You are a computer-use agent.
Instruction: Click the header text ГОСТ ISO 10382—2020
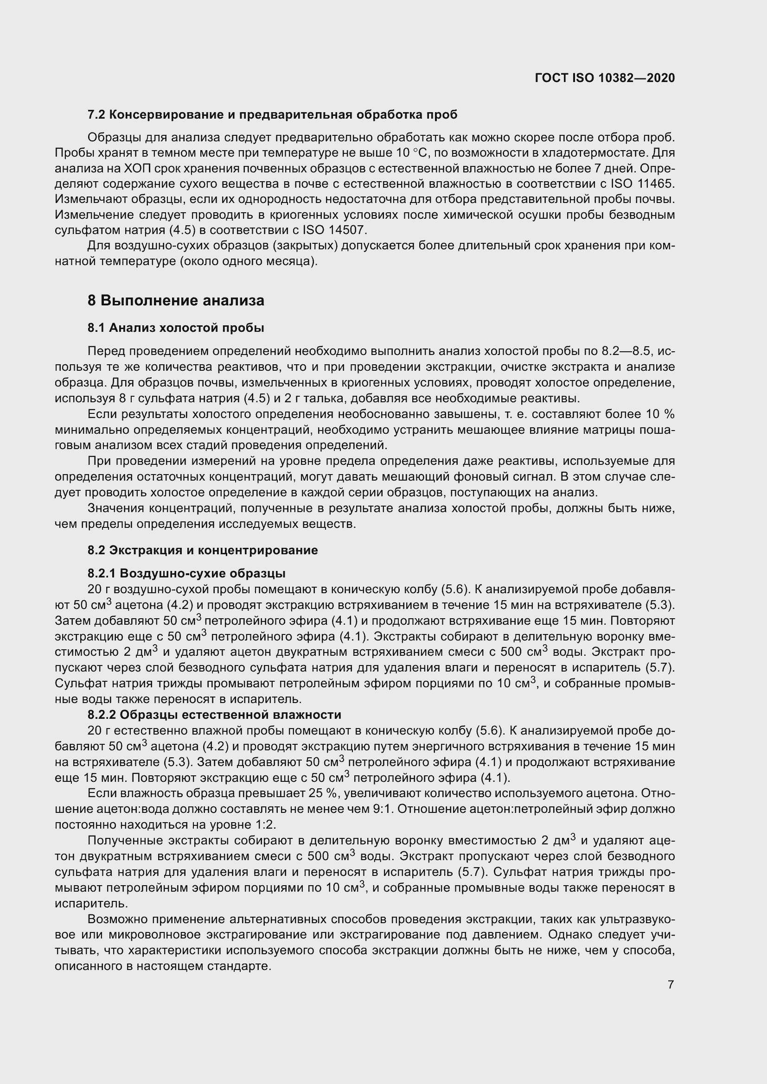click(x=605, y=78)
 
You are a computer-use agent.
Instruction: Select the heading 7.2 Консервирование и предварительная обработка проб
click(x=273, y=115)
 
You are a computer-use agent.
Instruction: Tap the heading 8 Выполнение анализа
click(x=176, y=301)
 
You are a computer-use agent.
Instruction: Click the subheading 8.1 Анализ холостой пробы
click(x=176, y=328)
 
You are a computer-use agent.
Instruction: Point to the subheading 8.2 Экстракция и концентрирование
click(x=203, y=550)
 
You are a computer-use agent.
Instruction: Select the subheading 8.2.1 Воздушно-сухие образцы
click(x=186, y=574)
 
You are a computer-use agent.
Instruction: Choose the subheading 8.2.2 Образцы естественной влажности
click(x=214, y=714)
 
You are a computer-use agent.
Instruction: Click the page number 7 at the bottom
click(x=671, y=985)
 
